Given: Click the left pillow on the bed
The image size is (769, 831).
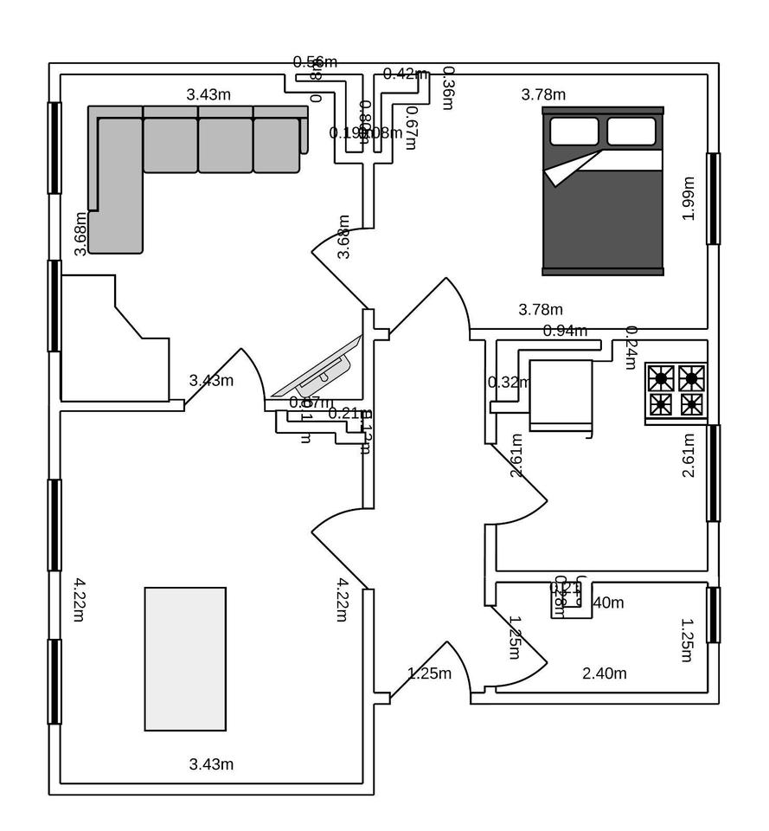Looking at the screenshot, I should pyautogui.click(x=574, y=132).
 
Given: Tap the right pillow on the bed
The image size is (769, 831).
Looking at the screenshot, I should pyautogui.click(x=631, y=132).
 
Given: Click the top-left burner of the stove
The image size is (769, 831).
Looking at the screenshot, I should pyautogui.click(x=662, y=378).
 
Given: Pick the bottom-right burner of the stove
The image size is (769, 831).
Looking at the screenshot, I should pyautogui.click(x=691, y=404).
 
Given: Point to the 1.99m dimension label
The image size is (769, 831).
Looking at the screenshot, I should pyautogui.click(x=689, y=199).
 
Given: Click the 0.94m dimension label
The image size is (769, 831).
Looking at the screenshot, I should pyautogui.click(x=565, y=331).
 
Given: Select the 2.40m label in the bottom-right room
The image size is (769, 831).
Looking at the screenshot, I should pyautogui.click(x=605, y=673).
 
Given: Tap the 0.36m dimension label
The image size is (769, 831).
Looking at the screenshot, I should pyautogui.click(x=447, y=88).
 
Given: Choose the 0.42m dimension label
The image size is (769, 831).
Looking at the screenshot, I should pyautogui.click(x=406, y=74).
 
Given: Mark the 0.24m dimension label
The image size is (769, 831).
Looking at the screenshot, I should pyautogui.click(x=631, y=348).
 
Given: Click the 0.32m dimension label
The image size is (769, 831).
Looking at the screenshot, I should pyautogui.click(x=509, y=382).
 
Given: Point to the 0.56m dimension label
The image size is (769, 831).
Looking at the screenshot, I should pyautogui.click(x=315, y=61).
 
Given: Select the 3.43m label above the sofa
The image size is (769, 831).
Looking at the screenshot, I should pyautogui.click(x=208, y=94).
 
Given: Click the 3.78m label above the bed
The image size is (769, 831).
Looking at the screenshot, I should pyautogui.click(x=543, y=94).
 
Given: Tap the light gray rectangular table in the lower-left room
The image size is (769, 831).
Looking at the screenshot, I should pyautogui.click(x=185, y=659).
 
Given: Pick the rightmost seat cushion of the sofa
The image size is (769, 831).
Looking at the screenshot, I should pyautogui.click(x=276, y=145).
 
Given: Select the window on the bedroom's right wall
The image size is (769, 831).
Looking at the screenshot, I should pyautogui.click(x=713, y=199).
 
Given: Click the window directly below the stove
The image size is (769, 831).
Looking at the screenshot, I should pyautogui.click(x=713, y=473).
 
